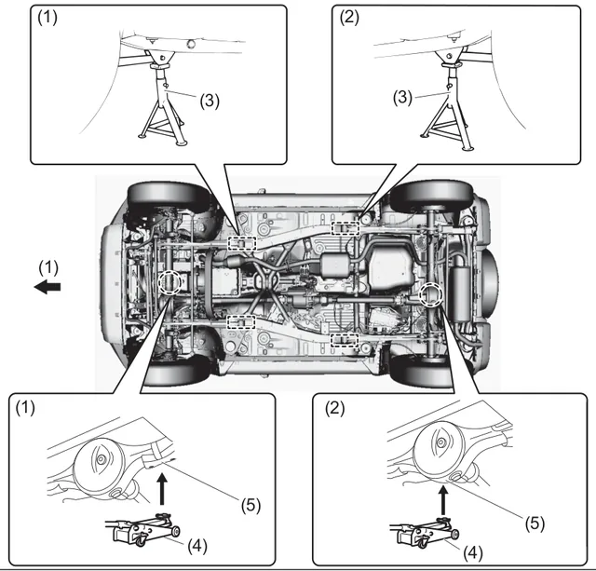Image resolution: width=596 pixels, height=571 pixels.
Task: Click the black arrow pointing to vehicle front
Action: click(x=47, y=287)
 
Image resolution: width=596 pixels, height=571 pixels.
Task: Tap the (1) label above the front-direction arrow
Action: click(x=48, y=268)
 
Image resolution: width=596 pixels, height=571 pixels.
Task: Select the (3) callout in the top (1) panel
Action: click(x=210, y=102)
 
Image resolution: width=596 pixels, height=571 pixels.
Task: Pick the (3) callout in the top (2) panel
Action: click(x=402, y=98)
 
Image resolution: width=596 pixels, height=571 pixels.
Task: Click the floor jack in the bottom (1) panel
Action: click(x=143, y=529)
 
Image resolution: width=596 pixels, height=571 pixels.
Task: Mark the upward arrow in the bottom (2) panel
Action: click(x=443, y=501)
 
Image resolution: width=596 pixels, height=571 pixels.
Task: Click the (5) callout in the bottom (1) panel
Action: click(x=251, y=505)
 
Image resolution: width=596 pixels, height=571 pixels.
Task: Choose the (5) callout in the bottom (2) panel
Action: click(x=535, y=523)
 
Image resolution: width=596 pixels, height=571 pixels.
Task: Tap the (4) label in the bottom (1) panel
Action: click(x=197, y=546)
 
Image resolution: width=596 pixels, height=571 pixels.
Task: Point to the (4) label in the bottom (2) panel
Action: click(x=473, y=553)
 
